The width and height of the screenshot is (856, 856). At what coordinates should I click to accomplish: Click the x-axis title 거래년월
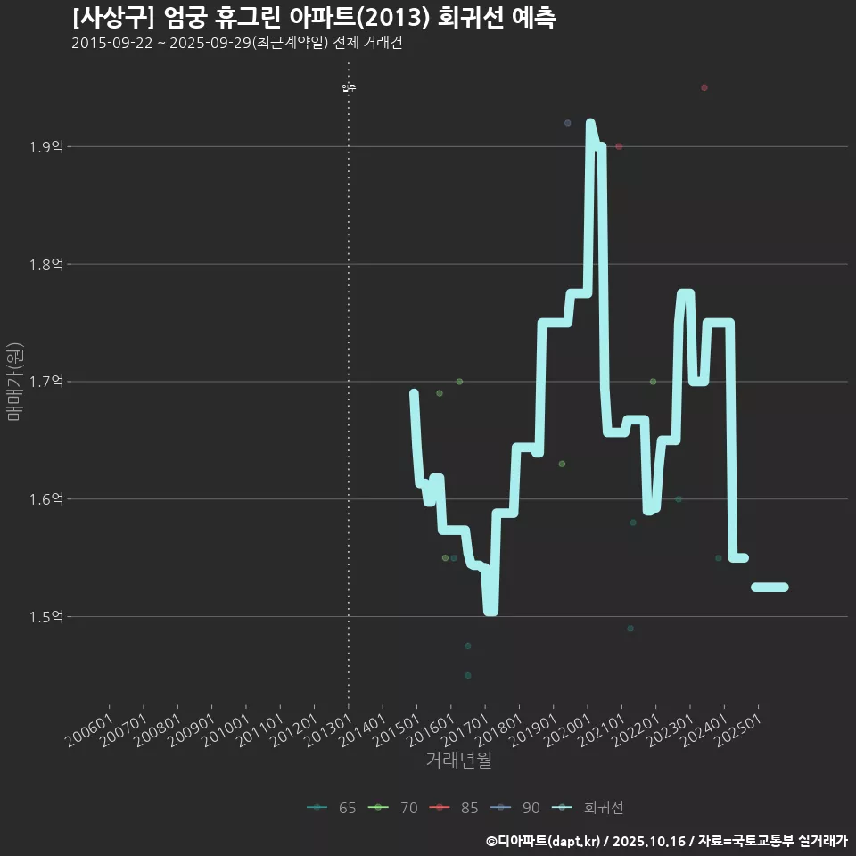click(x=458, y=760)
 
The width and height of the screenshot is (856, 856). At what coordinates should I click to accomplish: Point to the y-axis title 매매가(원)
click(x=15, y=382)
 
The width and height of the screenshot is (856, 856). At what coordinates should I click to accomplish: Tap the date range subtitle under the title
click(x=236, y=44)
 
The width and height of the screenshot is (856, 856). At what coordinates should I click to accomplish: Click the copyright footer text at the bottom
click(x=666, y=841)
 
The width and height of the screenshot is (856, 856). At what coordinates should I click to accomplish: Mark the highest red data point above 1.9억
click(x=704, y=87)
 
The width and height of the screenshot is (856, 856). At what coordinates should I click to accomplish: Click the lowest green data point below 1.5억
click(x=468, y=675)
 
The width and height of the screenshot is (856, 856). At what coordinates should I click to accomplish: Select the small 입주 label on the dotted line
click(x=349, y=87)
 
